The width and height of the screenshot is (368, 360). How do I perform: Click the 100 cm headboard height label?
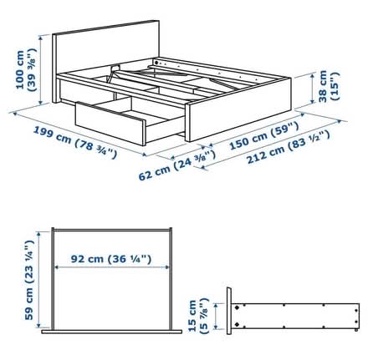pos(27,69)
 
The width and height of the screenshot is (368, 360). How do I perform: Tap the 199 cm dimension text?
pos(75,142)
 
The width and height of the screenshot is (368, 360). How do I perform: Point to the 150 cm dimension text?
pos(264,135)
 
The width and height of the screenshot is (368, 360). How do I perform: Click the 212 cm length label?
pos(289,147)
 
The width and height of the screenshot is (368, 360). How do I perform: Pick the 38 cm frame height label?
pos(329,86)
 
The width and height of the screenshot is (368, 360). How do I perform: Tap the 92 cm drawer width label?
pos(111,259)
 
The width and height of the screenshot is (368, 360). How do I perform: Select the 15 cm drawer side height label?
pos(198,316)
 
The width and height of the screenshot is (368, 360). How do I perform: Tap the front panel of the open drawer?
pos(110,124)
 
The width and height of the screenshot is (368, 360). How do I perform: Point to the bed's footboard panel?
pos(238,110)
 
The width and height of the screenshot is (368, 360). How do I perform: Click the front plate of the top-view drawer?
pos(111,332)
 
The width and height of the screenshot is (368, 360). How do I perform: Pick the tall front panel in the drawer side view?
pos(229,311)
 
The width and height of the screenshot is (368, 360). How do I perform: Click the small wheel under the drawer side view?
pos(356,330)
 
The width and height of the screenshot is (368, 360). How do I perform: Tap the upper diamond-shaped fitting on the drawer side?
pos(237,308)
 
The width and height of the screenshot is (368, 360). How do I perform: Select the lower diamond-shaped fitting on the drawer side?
pos(237,324)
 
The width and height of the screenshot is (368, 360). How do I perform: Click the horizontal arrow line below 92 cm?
pos(112,267)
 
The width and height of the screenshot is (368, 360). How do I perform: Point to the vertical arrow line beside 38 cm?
pos(313,88)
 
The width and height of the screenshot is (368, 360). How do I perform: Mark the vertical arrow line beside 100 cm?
pos(41,70)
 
